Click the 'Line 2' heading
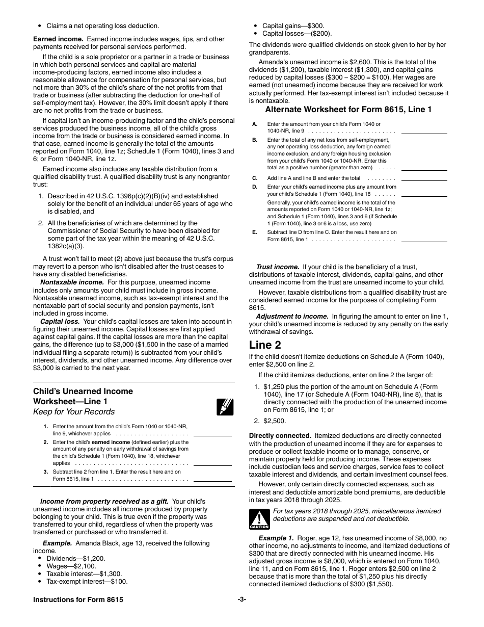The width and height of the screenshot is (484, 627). point(265,345)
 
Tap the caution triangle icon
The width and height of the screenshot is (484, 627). point(259,519)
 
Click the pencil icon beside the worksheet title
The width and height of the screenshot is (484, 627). point(225,407)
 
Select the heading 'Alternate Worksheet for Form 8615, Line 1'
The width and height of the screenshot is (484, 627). point(348,109)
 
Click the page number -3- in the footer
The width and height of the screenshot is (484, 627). point(242,599)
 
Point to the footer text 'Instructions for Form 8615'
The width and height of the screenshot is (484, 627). point(78,599)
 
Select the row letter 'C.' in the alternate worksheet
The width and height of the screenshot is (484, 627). point(255,178)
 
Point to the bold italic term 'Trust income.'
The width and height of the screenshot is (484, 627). point(277,267)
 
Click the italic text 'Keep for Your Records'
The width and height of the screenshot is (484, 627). point(74,412)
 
